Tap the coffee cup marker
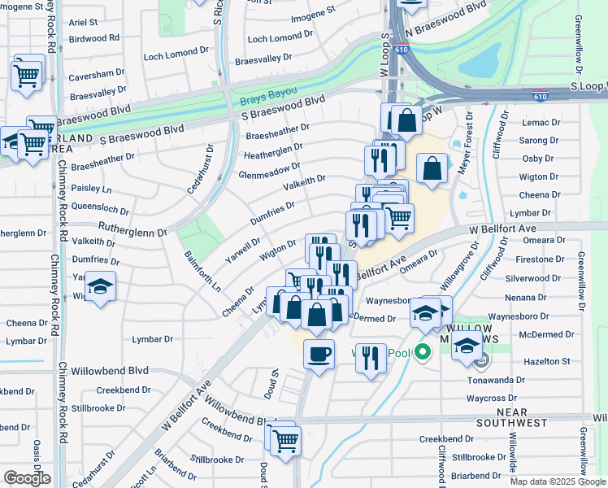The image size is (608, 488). [319, 355]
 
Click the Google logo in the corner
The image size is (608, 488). [28, 477]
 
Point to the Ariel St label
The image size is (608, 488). [83, 23]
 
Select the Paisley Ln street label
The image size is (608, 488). [90, 187]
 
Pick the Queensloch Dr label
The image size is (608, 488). [99, 206]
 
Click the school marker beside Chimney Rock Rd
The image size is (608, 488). [101, 288]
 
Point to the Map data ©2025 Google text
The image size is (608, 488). [558, 481]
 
